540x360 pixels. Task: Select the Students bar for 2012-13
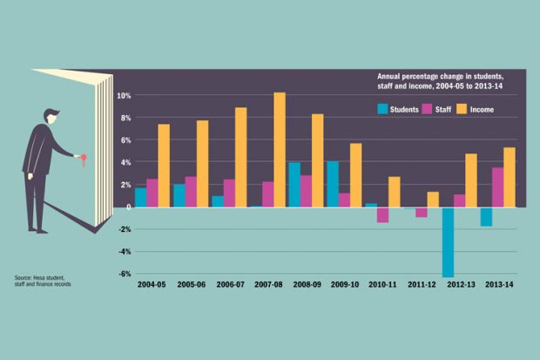pos(448,241)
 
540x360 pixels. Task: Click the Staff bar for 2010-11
pos(382,214)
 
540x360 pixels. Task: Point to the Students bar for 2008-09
pos(294,184)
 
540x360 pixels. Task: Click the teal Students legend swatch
pos(382,109)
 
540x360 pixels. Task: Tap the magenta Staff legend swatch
pos(428,109)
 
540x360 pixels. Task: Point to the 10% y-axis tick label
pos(124,95)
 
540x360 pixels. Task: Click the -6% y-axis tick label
pos(124,274)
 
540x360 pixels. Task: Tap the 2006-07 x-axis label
pos(229,285)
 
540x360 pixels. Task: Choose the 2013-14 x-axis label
pos(497,285)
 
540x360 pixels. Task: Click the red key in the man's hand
pos(84,158)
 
